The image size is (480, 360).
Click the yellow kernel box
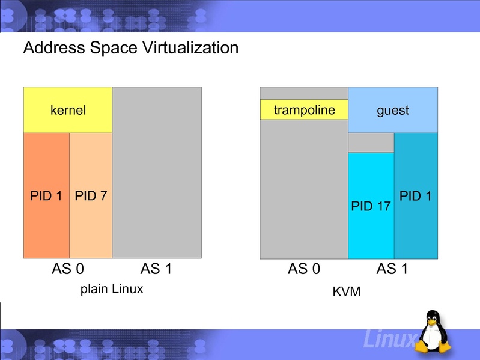[x=67, y=110]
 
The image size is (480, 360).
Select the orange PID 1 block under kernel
[x=46, y=195]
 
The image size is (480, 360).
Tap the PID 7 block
[x=91, y=195]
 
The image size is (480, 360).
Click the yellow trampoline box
[x=304, y=110]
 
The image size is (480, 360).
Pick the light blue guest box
[x=393, y=110]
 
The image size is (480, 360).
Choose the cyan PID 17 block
[x=371, y=206]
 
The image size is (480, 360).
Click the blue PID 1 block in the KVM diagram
[x=416, y=196]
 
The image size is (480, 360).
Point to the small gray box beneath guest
[x=371, y=142]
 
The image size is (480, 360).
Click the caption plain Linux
[x=112, y=289]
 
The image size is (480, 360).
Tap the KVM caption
[x=346, y=292]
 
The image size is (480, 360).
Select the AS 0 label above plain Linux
[x=67, y=269]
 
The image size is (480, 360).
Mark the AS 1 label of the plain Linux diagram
[x=156, y=269]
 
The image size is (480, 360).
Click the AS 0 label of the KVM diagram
[x=303, y=269]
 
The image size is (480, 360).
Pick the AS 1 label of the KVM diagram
[x=392, y=269]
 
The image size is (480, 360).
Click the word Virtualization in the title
[x=186, y=47]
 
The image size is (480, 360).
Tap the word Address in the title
[x=50, y=47]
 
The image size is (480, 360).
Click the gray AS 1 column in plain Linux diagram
[x=156, y=173]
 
